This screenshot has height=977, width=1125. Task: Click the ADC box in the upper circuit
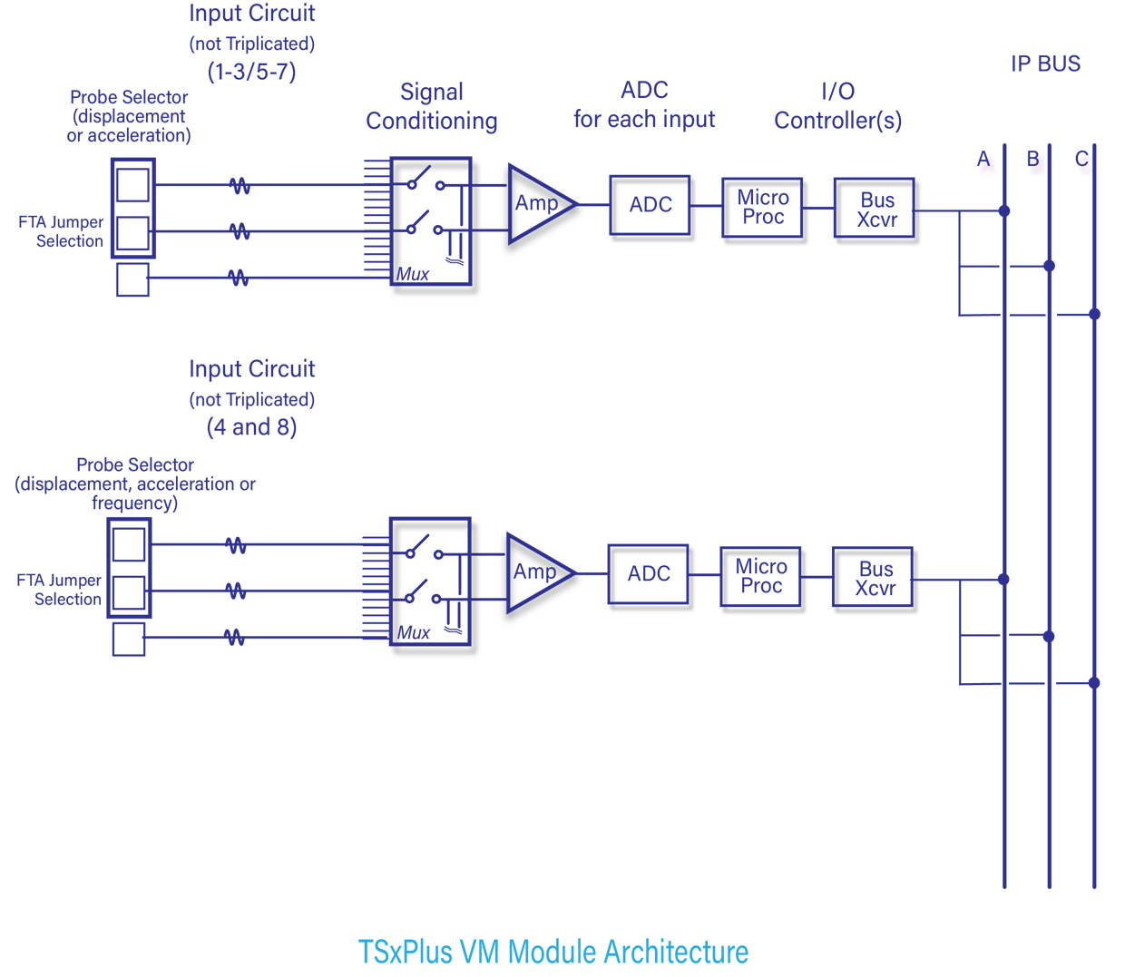click(651, 206)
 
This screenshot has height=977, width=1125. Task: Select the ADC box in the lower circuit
click(649, 575)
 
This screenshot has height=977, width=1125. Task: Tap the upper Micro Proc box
click(763, 209)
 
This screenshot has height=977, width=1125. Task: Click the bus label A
click(984, 161)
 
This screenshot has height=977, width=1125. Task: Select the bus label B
click(1033, 161)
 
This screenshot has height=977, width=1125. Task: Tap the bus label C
click(1081, 161)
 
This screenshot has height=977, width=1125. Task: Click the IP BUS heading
click(1045, 64)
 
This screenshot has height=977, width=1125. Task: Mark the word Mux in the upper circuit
click(413, 274)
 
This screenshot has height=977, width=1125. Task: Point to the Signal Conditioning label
click(432, 107)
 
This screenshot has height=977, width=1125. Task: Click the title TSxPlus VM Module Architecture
click(553, 952)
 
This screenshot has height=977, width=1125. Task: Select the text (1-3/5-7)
click(251, 72)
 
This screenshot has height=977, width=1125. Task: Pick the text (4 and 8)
click(251, 427)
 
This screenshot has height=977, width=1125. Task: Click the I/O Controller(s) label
click(837, 106)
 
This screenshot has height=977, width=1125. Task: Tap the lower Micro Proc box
click(761, 577)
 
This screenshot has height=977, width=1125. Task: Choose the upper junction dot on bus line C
click(1094, 314)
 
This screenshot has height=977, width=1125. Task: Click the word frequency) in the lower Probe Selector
click(134, 503)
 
